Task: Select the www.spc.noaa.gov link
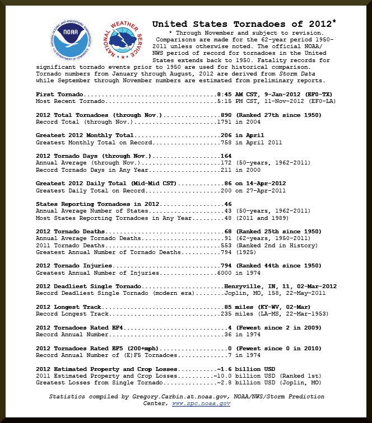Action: coord(201,403)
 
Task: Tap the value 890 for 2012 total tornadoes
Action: coord(226,115)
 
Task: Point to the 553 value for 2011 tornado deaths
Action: coord(226,245)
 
